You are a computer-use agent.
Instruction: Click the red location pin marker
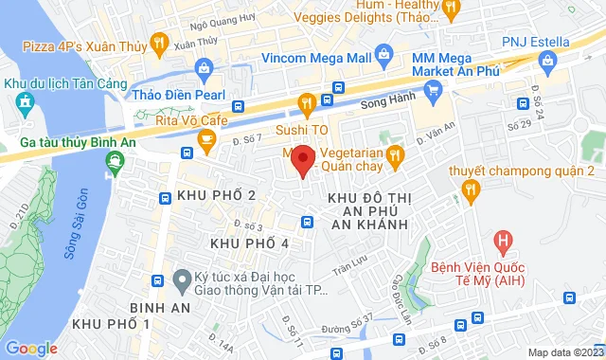click(302, 160)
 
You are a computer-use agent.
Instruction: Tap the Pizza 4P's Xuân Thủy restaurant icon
click(159, 43)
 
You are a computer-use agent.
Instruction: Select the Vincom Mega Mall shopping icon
click(382, 54)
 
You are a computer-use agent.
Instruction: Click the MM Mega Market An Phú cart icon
click(434, 91)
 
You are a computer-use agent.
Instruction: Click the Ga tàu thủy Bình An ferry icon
click(115, 163)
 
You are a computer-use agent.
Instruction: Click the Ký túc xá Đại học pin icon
click(181, 280)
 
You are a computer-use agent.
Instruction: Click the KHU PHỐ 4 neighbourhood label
click(249, 243)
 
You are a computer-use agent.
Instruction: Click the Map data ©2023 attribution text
click(564, 352)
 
